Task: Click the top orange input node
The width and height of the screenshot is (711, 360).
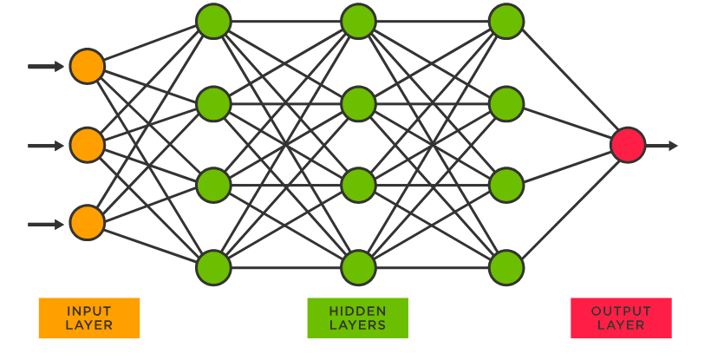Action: [x=87, y=67]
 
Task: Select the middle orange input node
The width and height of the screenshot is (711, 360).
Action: [x=87, y=145]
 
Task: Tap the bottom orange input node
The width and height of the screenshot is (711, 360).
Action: [x=87, y=223]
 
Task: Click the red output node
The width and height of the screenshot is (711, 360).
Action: [x=628, y=145]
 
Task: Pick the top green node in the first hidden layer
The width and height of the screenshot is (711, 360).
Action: [x=213, y=22]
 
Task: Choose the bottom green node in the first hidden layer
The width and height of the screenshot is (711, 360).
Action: [x=213, y=268]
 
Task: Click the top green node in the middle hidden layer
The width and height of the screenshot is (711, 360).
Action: [x=358, y=22]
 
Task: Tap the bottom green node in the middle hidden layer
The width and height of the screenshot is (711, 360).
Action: [x=358, y=268]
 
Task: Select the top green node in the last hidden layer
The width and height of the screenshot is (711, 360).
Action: [x=506, y=22]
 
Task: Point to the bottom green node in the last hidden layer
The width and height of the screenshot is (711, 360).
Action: [x=506, y=268]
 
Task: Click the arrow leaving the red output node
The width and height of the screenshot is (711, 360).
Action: [x=662, y=146]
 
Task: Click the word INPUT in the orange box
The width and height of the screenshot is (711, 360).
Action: [x=89, y=311]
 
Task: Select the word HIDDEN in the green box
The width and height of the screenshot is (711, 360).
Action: [x=357, y=311]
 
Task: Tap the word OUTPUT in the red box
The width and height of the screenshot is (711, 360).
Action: [x=621, y=311]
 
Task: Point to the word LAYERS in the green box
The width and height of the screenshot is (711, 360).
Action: [x=357, y=325]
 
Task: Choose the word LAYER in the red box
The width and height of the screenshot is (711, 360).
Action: [x=621, y=325]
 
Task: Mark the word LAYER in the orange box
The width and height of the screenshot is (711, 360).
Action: [x=89, y=325]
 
